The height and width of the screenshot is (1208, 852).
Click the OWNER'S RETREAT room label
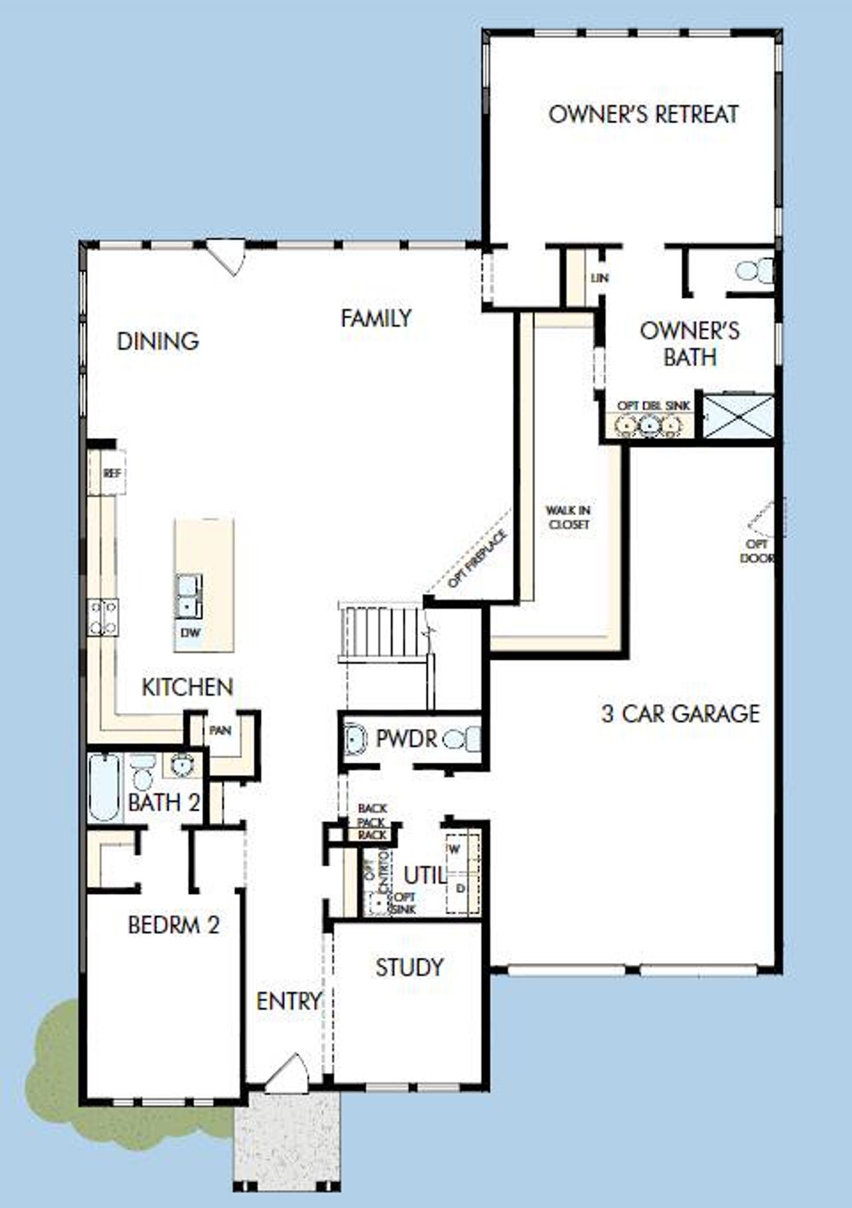(643, 114)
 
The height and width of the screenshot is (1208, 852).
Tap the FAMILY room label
(376, 318)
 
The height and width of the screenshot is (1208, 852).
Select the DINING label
(158, 341)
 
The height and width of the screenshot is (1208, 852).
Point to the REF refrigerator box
(112, 473)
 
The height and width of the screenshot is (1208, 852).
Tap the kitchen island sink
(188, 596)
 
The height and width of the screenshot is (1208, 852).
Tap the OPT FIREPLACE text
(477, 559)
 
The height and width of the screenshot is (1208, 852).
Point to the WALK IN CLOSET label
(568, 517)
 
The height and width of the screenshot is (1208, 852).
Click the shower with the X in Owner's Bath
(739, 416)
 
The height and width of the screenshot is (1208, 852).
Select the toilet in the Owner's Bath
(753, 271)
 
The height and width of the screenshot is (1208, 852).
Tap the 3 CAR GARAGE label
(680, 714)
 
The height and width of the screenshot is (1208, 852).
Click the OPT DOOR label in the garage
(757, 551)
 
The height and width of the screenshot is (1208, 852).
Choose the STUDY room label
(409, 967)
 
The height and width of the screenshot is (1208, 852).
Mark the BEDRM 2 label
(173, 925)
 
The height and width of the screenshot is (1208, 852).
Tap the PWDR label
(406, 738)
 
